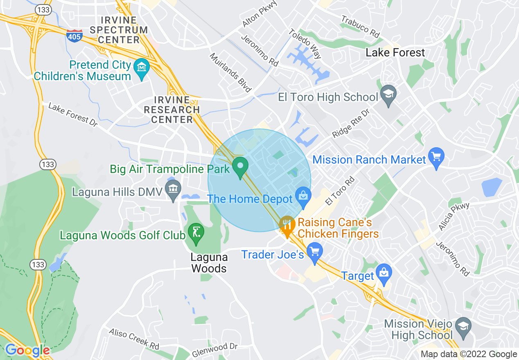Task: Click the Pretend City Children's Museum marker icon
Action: [x=142, y=67]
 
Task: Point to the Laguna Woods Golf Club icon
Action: [x=196, y=232]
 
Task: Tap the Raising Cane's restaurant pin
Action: [x=287, y=225]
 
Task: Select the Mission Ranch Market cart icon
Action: [x=436, y=157]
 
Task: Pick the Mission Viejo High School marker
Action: [x=463, y=326]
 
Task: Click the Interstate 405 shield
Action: [x=74, y=35]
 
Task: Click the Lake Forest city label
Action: [x=395, y=52]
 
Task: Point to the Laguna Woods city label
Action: [x=209, y=263]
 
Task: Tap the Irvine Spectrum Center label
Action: [x=119, y=30]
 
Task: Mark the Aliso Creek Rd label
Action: [x=134, y=338]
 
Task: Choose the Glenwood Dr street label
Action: [x=215, y=349]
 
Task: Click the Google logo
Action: [x=27, y=350]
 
